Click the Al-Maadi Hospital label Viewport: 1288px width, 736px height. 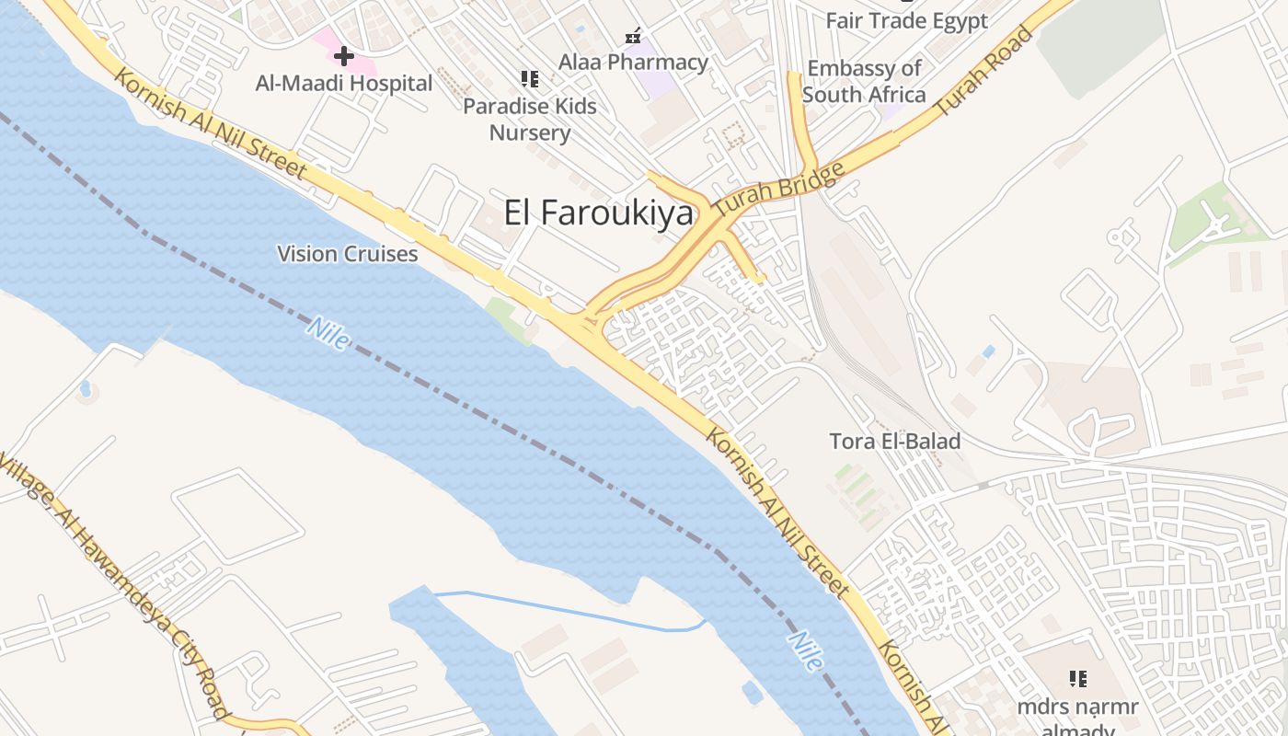(344, 84)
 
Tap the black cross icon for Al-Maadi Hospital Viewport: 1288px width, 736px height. (343, 56)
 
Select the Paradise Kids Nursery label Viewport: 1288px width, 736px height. (530, 120)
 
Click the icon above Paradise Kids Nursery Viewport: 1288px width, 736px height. (529, 79)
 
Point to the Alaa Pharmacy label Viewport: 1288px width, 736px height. (634, 63)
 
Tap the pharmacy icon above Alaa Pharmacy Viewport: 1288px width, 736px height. (633, 36)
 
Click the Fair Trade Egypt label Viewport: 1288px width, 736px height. (907, 21)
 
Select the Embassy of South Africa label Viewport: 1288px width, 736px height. (864, 81)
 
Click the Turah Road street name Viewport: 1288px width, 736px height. (983, 72)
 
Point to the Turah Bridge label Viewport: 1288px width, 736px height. (778, 191)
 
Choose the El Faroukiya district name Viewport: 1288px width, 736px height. (598, 213)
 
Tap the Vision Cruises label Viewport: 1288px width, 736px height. (348, 254)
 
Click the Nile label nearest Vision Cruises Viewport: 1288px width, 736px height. (328, 333)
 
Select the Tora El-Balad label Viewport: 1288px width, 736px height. (894, 442)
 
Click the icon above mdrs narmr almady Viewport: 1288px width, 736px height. (1078, 679)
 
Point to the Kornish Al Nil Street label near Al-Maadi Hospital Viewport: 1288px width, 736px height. (210, 121)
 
